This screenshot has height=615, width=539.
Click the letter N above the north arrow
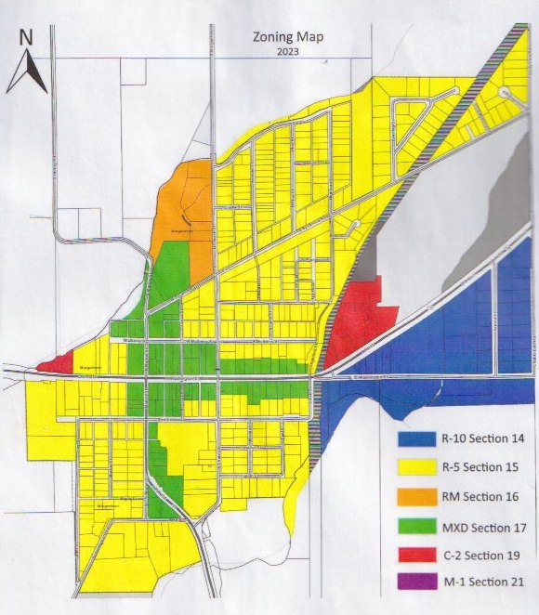point(26,38)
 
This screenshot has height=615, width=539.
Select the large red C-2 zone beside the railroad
point(358,316)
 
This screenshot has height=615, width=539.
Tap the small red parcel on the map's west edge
point(56,363)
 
